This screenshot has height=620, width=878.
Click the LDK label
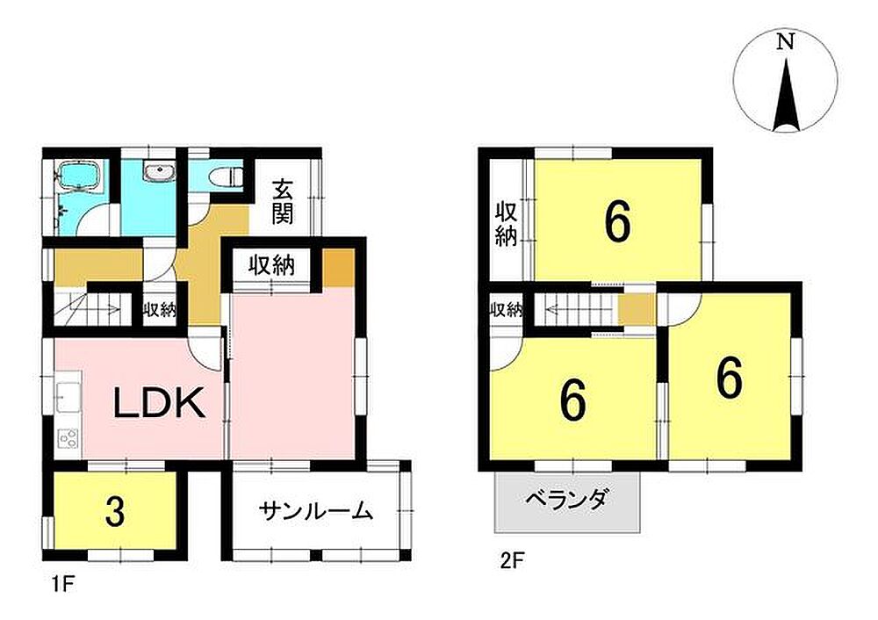point(160,403)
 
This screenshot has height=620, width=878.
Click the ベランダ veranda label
point(567,498)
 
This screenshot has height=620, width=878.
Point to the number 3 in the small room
point(115,511)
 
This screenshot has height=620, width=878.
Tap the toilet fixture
point(225,177)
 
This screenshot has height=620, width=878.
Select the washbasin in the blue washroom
point(160,171)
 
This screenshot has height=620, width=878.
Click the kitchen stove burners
point(68,437)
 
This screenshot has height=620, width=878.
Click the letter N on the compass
point(786,41)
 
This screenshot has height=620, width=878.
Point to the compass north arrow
point(786,94)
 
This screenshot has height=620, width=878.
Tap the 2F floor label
point(510,559)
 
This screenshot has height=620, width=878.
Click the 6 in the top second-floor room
point(617,222)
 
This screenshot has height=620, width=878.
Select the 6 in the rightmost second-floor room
point(729,378)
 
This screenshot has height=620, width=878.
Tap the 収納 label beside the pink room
point(271,265)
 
